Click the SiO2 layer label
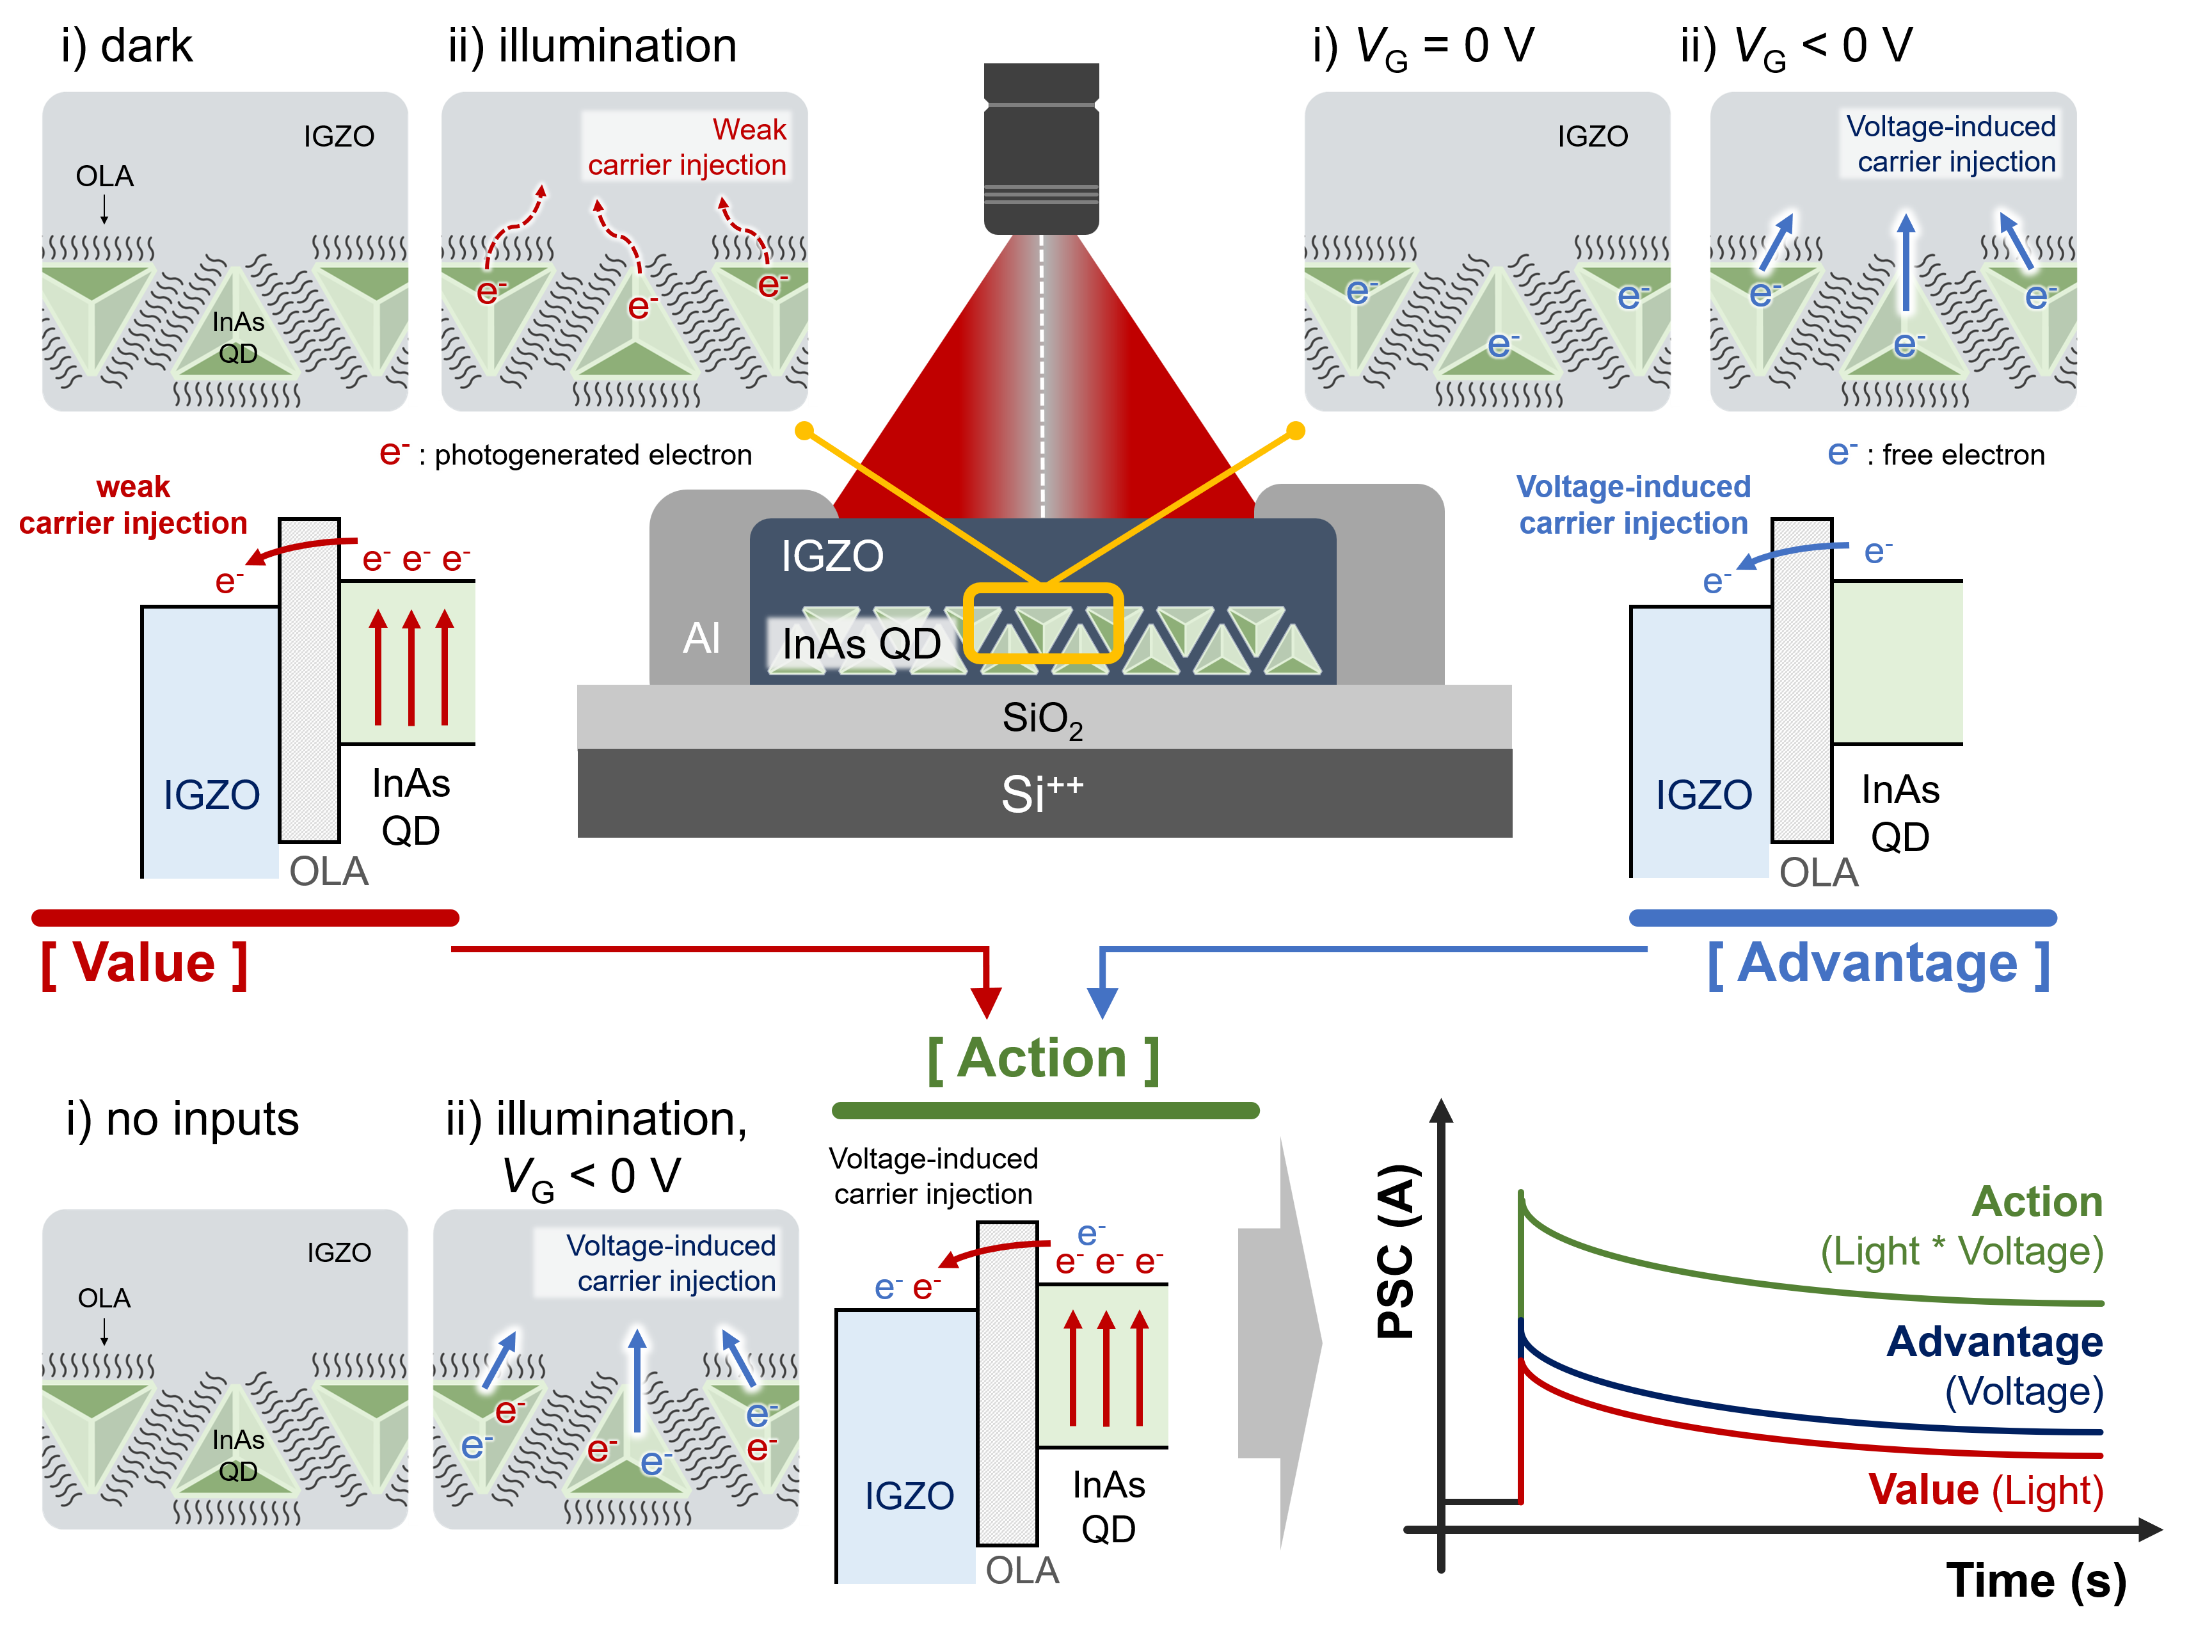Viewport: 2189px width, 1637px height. coord(1042,719)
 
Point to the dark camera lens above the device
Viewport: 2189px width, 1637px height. coord(1041,148)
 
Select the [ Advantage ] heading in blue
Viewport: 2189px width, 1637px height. coord(1877,963)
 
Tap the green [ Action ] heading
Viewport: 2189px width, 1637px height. coord(1043,1059)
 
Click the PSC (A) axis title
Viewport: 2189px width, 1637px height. coord(1398,1252)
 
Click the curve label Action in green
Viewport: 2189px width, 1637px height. coord(2037,1202)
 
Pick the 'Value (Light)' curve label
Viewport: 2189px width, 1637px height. coord(1985,1490)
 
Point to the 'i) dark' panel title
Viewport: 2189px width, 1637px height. coord(127,47)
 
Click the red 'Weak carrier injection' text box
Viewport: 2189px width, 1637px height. coord(687,147)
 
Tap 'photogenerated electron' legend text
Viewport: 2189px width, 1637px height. coord(593,454)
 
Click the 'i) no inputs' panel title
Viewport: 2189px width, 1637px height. coord(182,1119)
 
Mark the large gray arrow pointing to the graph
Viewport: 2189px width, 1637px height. coord(1280,1343)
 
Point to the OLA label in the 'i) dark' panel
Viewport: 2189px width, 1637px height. coord(104,176)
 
